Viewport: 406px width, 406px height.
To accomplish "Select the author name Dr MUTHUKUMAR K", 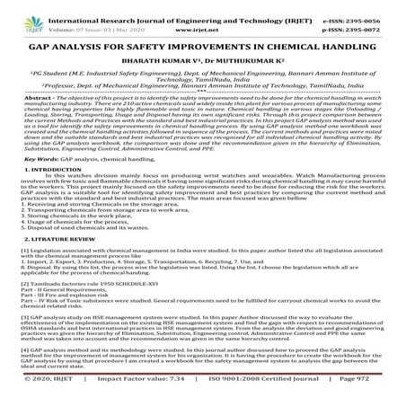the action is tap(245, 66).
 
